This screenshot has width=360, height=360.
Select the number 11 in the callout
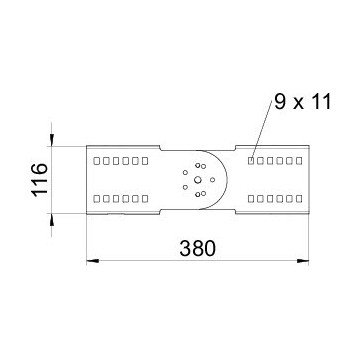click(321, 101)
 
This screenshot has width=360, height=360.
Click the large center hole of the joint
click(196, 181)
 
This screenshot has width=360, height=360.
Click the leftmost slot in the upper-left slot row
click(94, 159)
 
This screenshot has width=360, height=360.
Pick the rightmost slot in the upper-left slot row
click(145, 159)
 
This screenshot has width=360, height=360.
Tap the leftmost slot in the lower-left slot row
click(94, 197)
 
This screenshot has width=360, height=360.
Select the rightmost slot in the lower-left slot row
click(145, 197)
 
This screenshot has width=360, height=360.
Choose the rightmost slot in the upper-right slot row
click(298, 159)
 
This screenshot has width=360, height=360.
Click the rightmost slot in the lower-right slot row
click(298, 197)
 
